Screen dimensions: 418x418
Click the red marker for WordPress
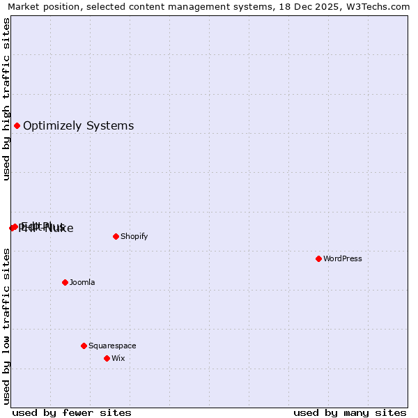coord(318,258)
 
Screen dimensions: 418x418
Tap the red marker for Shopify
coord(116,236)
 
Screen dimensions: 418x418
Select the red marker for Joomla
coord(65,282)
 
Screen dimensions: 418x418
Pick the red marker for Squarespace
coord(84,346)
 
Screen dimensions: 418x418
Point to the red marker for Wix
coord(107,358)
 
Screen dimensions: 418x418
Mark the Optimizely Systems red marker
coord(17,125)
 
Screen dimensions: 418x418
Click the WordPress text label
coord(343,258)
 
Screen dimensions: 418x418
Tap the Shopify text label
coord(134,236)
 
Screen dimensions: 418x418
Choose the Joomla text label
coord(82,282)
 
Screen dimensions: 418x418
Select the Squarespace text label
coord(112,346)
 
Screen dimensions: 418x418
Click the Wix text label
coord(118,358)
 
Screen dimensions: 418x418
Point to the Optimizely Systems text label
coord(79,125)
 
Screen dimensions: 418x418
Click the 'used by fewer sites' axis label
coord(72,412)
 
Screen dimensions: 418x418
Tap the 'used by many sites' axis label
coord(350,412)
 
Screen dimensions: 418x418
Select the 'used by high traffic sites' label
coord(7,99)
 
